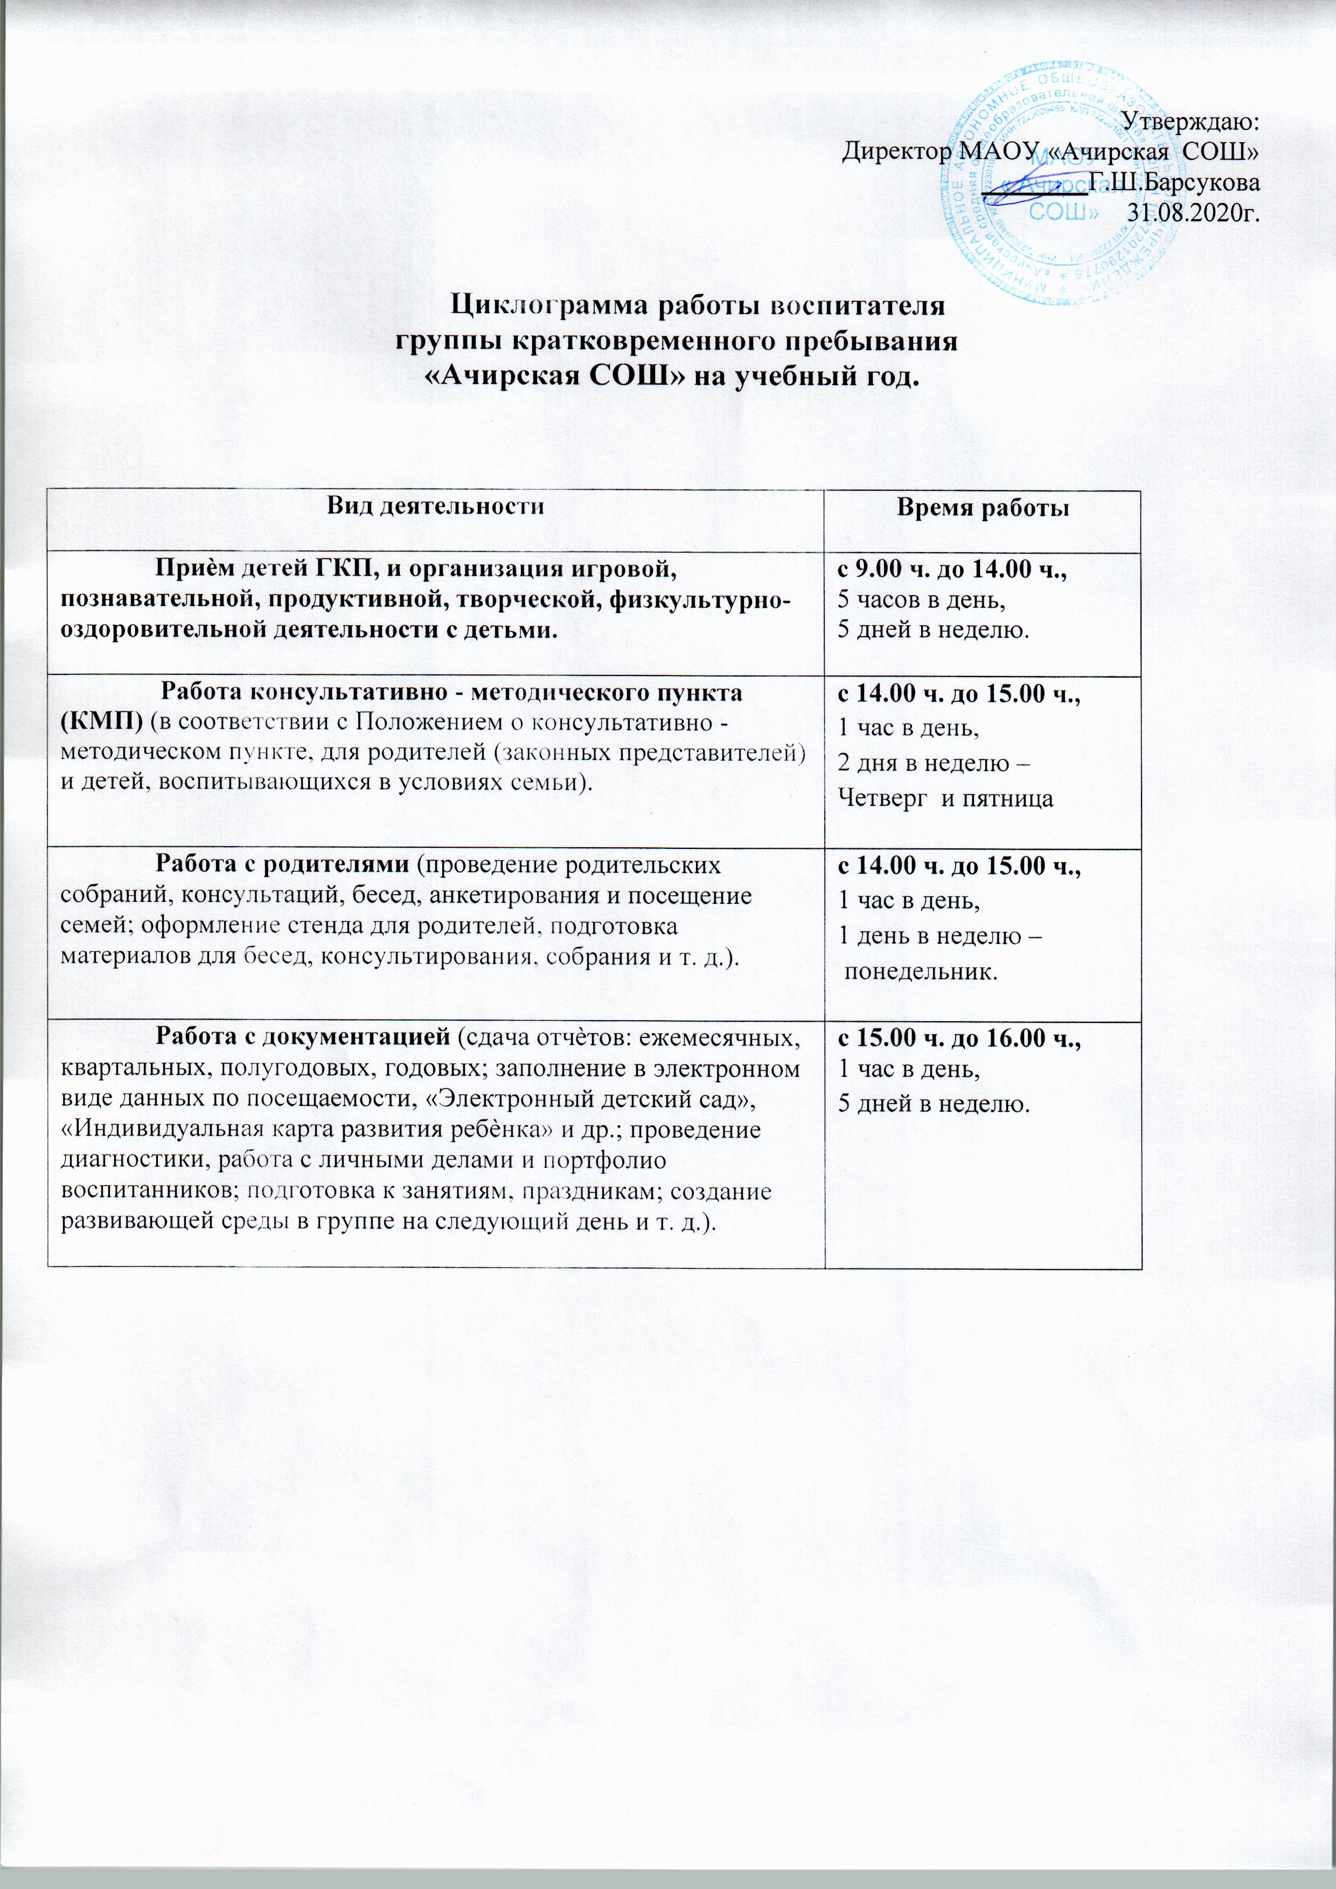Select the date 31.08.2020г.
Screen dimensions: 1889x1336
[x=1194, y=212]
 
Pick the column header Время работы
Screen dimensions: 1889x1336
[x=982, y=509]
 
